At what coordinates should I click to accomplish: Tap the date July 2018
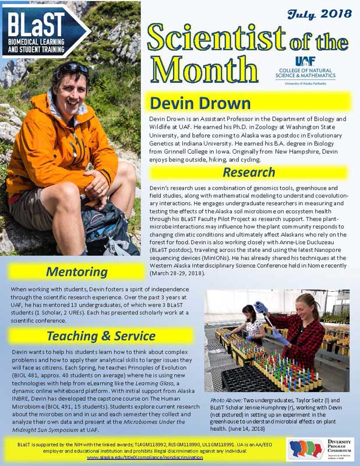click(319, 13)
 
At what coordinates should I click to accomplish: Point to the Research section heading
click(248, 172)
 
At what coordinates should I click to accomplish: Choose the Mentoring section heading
click(76, 271)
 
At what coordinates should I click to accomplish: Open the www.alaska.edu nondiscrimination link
click(145, 457)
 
